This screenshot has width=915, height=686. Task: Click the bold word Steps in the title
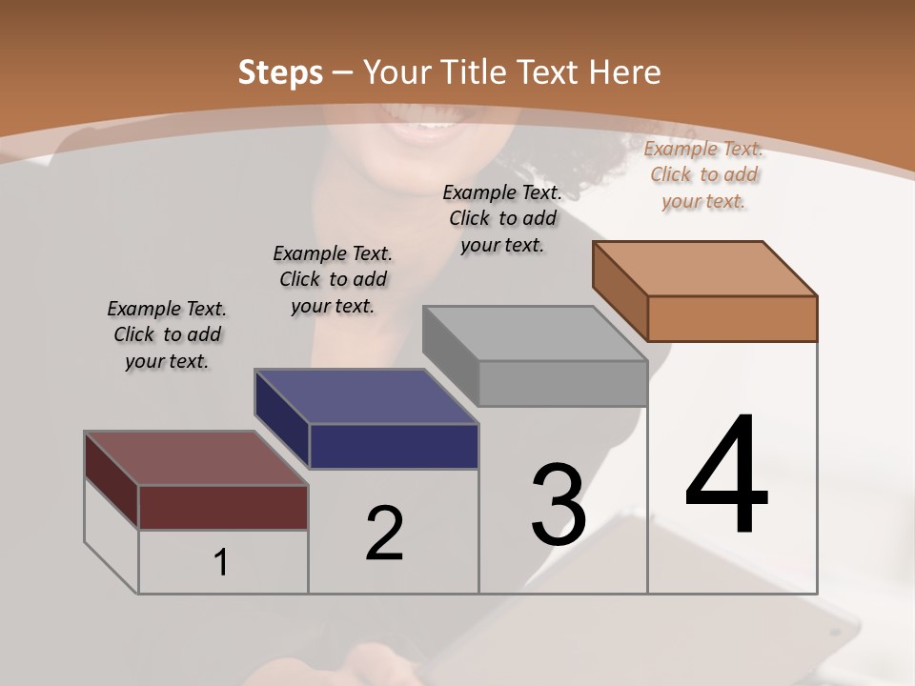click(280, 72)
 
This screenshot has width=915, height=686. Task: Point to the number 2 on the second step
click(384, 534)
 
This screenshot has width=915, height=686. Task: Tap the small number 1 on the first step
click(221, 563)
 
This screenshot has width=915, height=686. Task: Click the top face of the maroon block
click(196, 458)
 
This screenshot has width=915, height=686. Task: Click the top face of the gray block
click(535, 333)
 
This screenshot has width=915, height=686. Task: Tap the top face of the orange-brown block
click(705, 269)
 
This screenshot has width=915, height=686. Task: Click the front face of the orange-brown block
click(732, 318)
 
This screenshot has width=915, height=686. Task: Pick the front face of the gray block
click(562, 383)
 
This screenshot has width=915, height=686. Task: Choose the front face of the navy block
click(394, 446)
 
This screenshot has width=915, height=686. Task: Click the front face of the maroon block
click(223, 507)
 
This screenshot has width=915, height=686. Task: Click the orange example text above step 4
click(703, 174)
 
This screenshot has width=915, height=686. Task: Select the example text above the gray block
click(502, 218)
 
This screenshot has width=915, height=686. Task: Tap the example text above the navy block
click(333, 279)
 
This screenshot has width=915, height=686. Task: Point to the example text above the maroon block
click(167, 334)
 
